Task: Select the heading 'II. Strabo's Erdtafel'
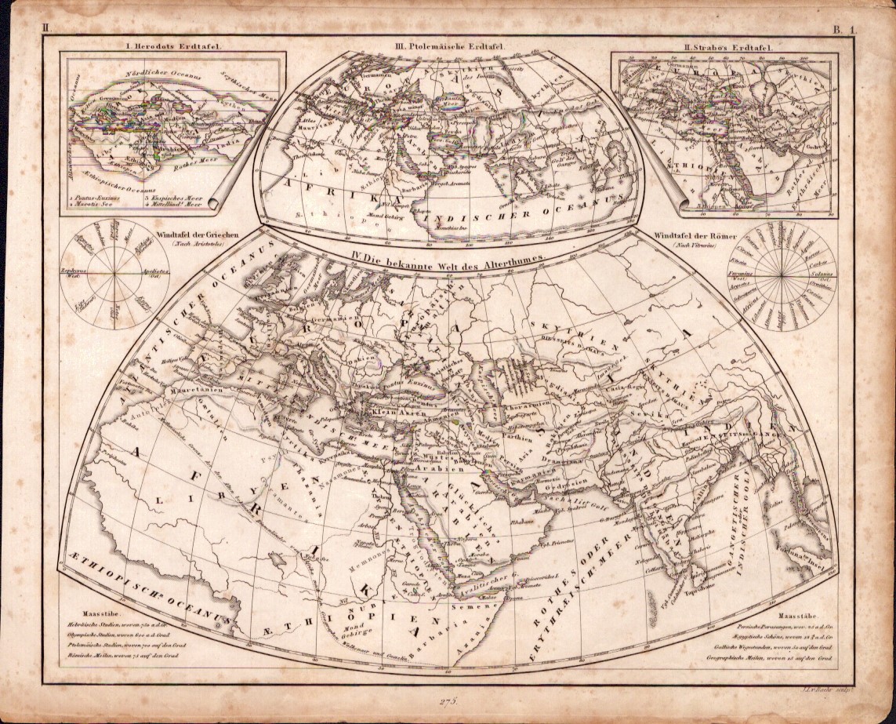pos(727,47)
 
